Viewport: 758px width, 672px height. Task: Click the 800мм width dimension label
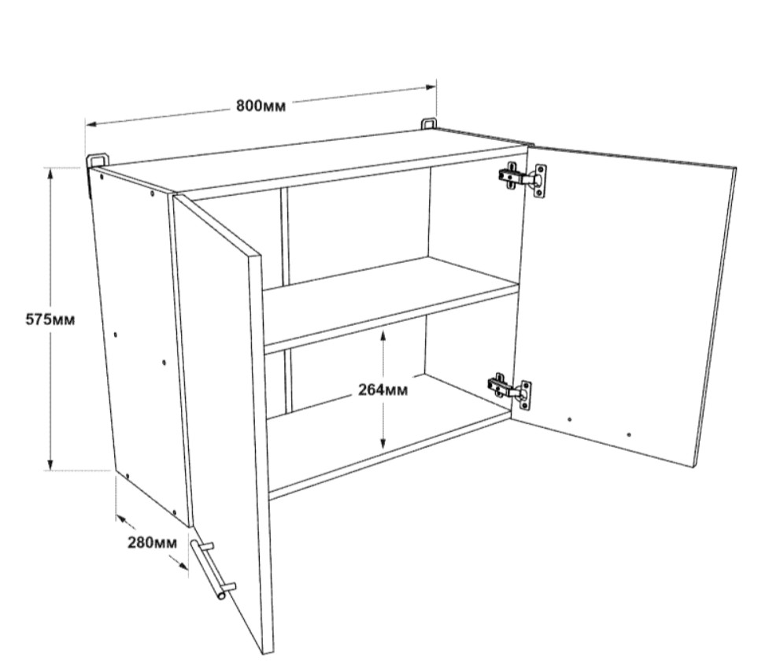point(261,105)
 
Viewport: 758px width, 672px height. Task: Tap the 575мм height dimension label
point(50,319)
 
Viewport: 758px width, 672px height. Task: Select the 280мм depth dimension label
point(152,542)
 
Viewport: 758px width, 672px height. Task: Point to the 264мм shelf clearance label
point(383,390)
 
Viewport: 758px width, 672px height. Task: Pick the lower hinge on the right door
point(509,391)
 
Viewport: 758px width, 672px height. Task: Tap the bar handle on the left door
point(213,569)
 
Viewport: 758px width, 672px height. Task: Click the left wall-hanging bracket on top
point(97,161)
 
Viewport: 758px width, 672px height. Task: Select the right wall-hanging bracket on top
point(428,124)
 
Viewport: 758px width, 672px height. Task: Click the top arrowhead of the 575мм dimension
point(50,172)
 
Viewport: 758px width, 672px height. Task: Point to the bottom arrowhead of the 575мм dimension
point(50,465)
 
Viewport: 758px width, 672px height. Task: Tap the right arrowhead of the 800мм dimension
point(431,87)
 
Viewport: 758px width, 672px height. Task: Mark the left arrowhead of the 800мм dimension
point(91,124)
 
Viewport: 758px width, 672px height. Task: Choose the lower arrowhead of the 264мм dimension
point(383,443)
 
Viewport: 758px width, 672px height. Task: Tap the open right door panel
point(623,305)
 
